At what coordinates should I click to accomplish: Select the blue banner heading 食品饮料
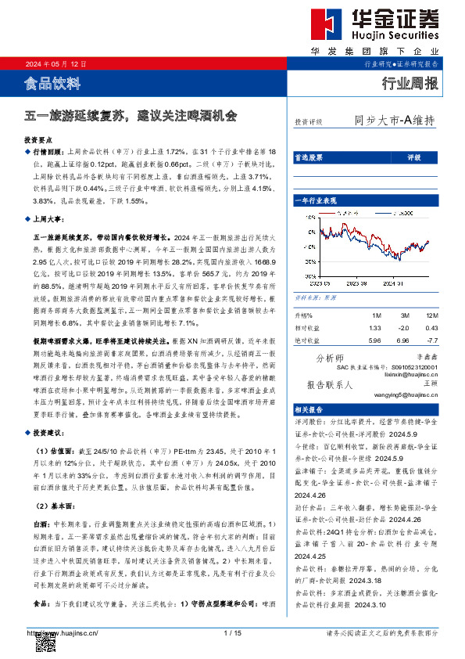click(x=52, y=82)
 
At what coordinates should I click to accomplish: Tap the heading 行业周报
click(x=409, y=83)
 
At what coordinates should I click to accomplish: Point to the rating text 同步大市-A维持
click(x=394, y=121)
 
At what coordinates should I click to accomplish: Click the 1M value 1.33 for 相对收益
click(x=374, y=327)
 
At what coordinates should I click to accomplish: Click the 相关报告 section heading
click(x=308, y=409)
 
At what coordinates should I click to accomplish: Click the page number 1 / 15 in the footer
click(x=232, y=632)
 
